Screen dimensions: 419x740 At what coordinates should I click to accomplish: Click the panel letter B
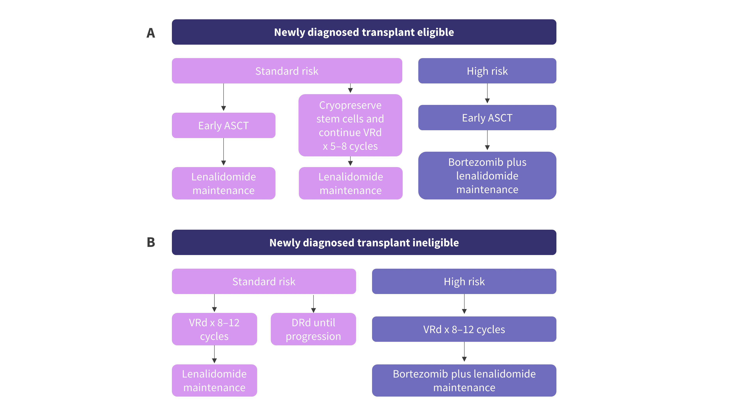(151, 242)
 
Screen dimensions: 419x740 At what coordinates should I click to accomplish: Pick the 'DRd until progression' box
(313, 329)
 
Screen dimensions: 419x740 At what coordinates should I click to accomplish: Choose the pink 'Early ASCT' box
(223, 126)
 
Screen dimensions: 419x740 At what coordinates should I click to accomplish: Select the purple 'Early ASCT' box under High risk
(487, 118)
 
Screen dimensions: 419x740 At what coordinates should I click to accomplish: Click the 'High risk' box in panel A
(487, 71)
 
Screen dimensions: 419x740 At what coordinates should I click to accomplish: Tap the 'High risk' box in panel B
(464, 281)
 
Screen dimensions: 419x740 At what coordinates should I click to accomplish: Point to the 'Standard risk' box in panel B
(264, 281)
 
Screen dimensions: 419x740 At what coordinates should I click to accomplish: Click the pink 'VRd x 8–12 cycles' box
(214, 329)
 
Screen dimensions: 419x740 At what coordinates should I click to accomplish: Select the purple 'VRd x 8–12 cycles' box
(464, 329)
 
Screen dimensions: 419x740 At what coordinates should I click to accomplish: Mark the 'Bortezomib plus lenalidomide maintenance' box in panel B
(464, 380)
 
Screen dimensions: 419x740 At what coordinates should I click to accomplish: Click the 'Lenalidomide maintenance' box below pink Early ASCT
(223, 183)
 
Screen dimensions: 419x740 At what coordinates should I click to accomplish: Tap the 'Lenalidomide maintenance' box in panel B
(214, 380)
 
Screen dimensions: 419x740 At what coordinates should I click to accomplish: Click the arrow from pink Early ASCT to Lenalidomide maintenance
(223, 152)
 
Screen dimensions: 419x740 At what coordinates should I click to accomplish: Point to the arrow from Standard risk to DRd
(313, 304)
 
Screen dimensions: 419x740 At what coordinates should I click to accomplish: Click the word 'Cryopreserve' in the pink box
(350, 105)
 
